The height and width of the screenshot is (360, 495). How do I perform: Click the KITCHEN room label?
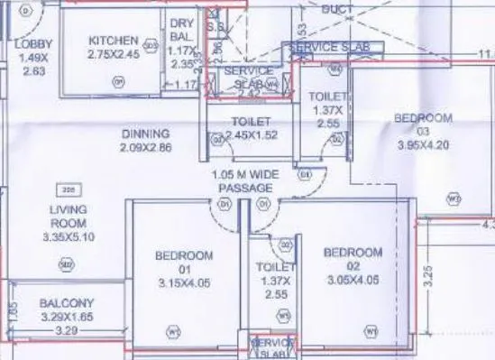tap(113, 41)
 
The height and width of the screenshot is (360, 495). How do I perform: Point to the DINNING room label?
tap(145, 134)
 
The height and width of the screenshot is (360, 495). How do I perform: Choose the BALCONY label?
tap(68, 304)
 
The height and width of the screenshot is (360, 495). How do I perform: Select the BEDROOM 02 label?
tap(353, 252)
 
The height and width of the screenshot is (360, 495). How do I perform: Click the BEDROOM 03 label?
tap(423, 118)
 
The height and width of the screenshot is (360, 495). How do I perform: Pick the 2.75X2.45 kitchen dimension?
tap(113, 54)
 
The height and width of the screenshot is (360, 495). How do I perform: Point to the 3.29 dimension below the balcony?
tap(64, 331)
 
